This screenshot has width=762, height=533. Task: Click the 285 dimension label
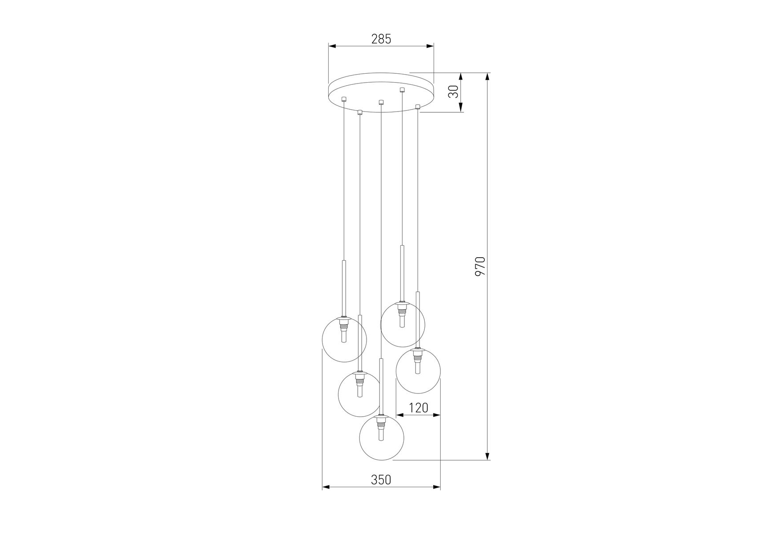click(x=381, y=39)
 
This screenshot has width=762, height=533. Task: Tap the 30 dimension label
click(x=453, y=92)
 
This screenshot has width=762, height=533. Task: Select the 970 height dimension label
click(x=481, y=266)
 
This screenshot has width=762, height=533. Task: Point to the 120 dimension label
click(x=418, y=408)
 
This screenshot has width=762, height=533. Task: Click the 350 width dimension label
click(x=381, y=480)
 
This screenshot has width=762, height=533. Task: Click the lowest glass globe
click(x=381, y=438)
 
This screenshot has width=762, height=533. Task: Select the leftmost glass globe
click(x=344, y=339)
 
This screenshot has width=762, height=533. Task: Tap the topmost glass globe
click(x=403, y=324)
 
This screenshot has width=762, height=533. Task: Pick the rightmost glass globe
click(x=418, y=371)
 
